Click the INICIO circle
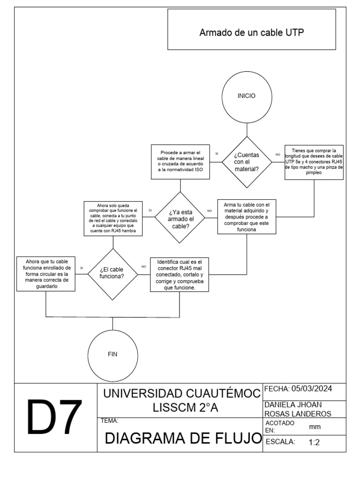coord(247,96)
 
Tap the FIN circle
coord(112,354)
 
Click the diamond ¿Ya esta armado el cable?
coord(180,217)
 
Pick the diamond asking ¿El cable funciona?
coord(112,273)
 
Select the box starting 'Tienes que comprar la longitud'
coord(314,162)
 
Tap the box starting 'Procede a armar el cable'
coord(180,162)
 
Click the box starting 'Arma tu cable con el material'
coord(247,217)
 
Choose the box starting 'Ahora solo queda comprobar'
coord(112,217)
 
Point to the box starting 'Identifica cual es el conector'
coord(180,274)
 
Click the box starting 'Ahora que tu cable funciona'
coord(46,274)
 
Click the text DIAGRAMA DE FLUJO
coord(183,438)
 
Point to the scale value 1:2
coord(314,442)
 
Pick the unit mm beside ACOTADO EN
coord(315,427)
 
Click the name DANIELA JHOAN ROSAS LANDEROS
coord(298,409)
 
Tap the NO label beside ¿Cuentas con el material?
coord(277,154)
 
